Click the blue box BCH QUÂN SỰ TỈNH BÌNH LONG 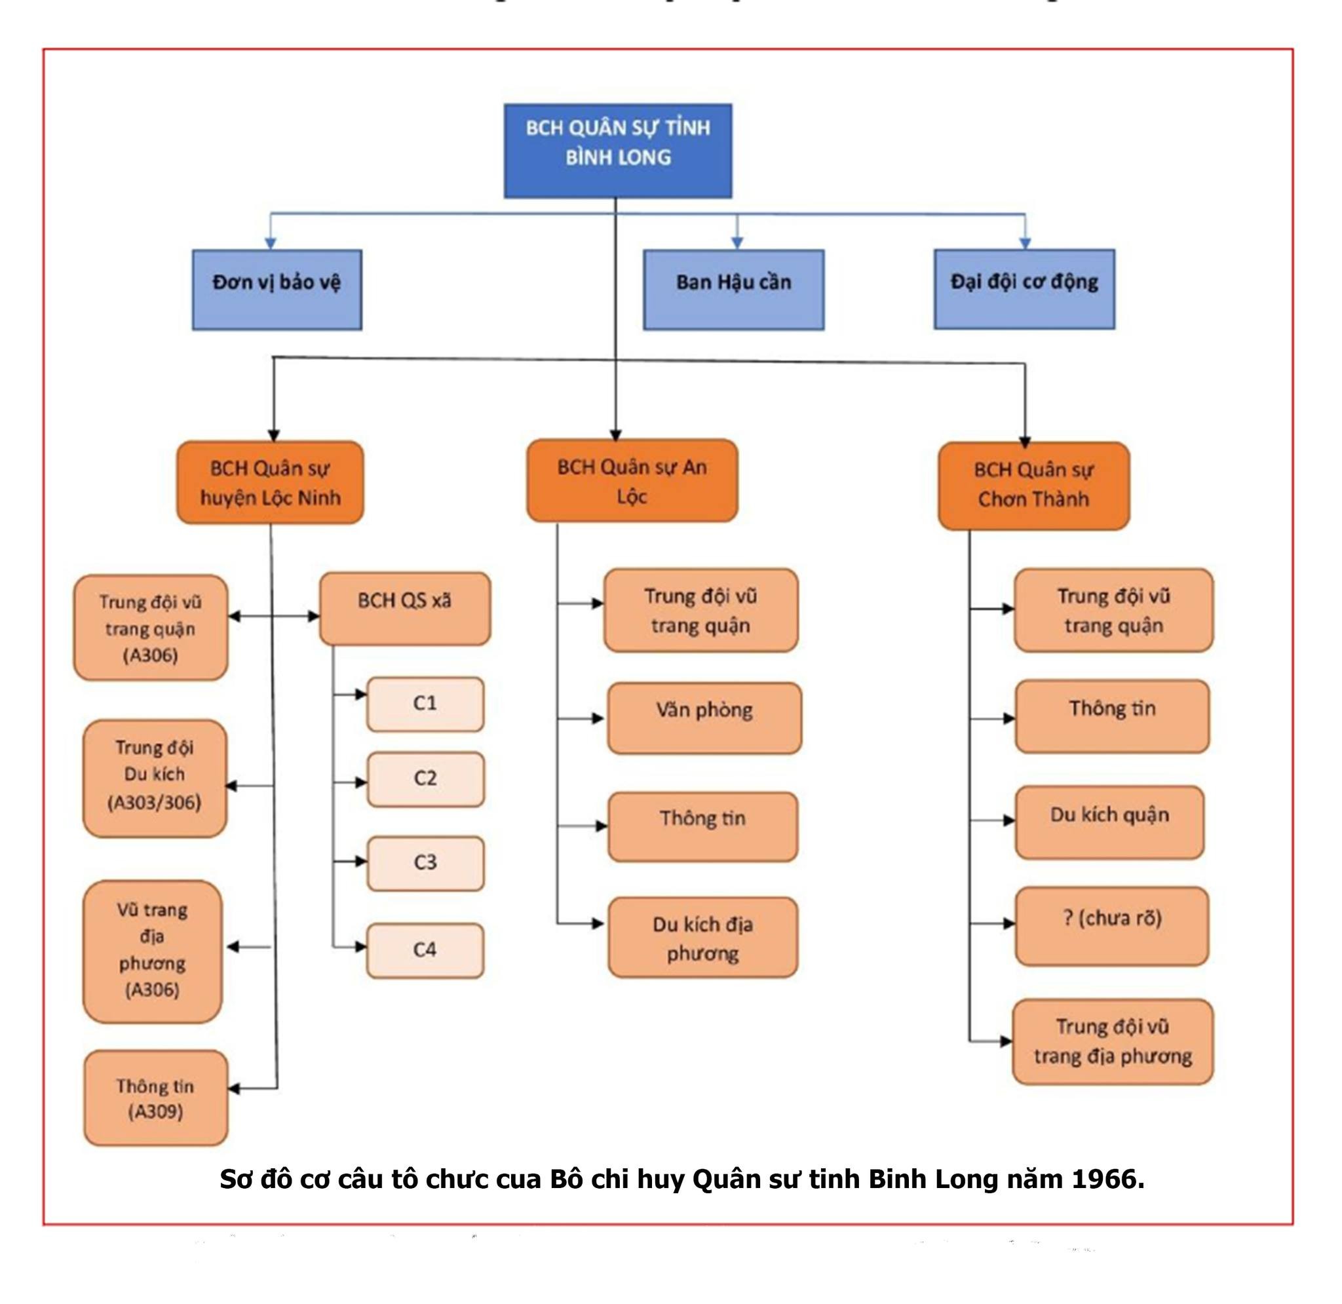617,151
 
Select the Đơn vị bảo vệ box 277,289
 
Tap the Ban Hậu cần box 733,289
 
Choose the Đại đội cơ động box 1024,288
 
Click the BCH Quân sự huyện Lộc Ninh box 270,483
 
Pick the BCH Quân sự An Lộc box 631,481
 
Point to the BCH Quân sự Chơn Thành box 1033,486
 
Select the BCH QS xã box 405,608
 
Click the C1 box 425,704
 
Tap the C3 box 425,863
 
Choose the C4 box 425,951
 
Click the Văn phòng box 704,718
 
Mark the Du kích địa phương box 702,938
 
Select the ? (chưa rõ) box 1112,926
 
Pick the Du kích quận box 1109,822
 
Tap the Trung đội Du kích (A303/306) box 155,778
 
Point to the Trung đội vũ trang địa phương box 1112,1042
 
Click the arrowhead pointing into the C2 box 361,782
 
